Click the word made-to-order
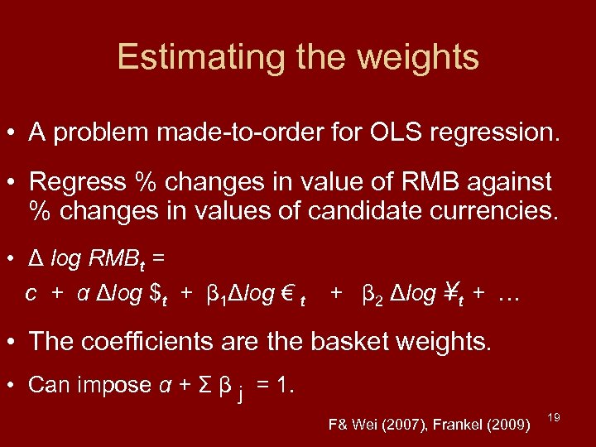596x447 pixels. (241, 132)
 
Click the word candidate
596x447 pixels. (372, 210)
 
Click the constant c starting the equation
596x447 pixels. (30, 295)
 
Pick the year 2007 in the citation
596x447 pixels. (403, 425)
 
